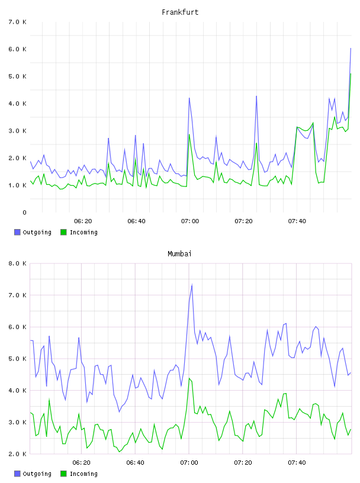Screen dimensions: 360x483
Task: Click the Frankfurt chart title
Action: [180, 12]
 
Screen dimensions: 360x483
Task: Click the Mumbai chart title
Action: [179, 254]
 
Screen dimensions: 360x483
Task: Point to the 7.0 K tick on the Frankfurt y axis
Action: [18, 22]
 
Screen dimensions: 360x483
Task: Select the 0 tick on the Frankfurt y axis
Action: [24, 212]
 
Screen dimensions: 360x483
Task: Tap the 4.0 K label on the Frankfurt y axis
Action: [18, 104]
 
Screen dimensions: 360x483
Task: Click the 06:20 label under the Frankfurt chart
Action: [83, 221]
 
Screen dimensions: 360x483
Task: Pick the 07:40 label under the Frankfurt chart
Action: [297, 221]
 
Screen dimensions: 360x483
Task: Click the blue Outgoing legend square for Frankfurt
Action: [17, 232]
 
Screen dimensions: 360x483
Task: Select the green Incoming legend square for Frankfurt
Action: [63, 232]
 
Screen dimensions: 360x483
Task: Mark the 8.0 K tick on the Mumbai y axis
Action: [18, 263]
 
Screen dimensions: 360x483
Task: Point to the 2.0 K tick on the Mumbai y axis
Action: [18, 454]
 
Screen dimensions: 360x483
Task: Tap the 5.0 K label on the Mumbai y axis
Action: [18, 359]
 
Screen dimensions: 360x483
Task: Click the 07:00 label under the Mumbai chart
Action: [189, 463]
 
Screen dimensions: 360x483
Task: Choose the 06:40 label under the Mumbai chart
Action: [136, 463]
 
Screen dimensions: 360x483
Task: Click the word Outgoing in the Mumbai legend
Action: [37, 474]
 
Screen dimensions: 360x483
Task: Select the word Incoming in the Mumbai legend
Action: [83, 474]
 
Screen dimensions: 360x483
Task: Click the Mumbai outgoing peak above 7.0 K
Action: [192, 285]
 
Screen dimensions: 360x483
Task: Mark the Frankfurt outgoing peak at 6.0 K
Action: [351, 49]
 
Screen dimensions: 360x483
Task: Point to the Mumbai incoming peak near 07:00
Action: [189, 378]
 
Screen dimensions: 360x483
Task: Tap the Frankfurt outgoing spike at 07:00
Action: [189, 98]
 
